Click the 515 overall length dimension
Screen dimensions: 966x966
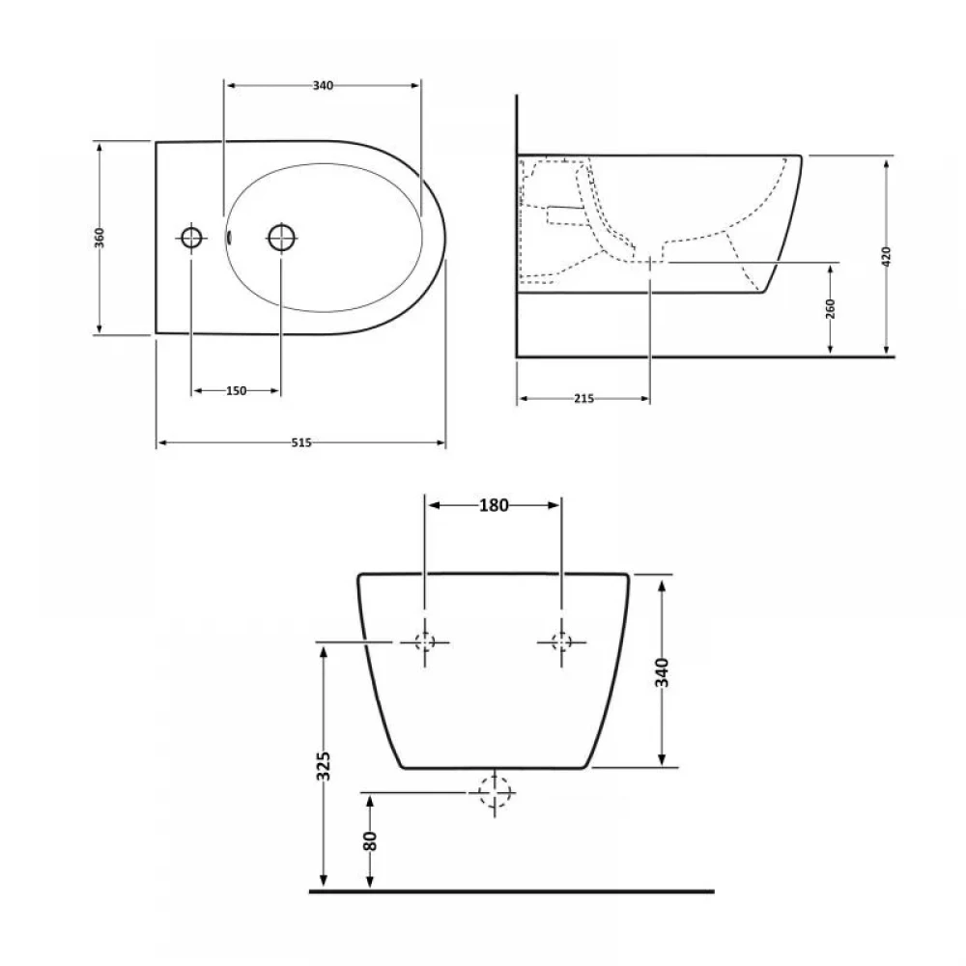(300, 442)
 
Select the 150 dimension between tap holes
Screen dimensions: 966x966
(236, 390)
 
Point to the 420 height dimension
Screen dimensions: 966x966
(887, 255)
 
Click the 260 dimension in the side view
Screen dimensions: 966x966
(831, 308)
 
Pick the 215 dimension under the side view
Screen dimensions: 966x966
(582, 398)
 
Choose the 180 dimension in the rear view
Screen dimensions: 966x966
(494, 504)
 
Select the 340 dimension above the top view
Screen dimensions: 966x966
(323, 85)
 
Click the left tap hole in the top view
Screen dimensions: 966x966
(191, 237)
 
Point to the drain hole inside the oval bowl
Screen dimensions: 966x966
(281, 237)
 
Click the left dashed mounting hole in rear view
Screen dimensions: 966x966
(426, 641)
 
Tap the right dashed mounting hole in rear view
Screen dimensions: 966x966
(560, 641)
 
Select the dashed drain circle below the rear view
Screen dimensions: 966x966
(494, 793)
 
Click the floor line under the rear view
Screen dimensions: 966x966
(512, 890)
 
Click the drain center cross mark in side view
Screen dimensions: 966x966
(650, 262)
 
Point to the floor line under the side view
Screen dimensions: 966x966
(705, 356)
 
